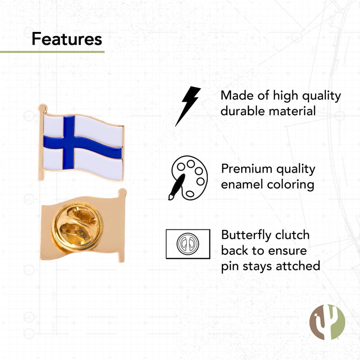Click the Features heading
pyautogui.click(x=67, y=39)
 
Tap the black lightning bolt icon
pyautogui.click(x=188, y=106)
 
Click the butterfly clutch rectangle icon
pyautogui.click(x=188, y=244)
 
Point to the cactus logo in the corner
pyautogui.click(x=327, y=322)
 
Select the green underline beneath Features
pyautogui.click(x=52, y=52)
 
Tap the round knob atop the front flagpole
pyautogui.click(x=42, y=108)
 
